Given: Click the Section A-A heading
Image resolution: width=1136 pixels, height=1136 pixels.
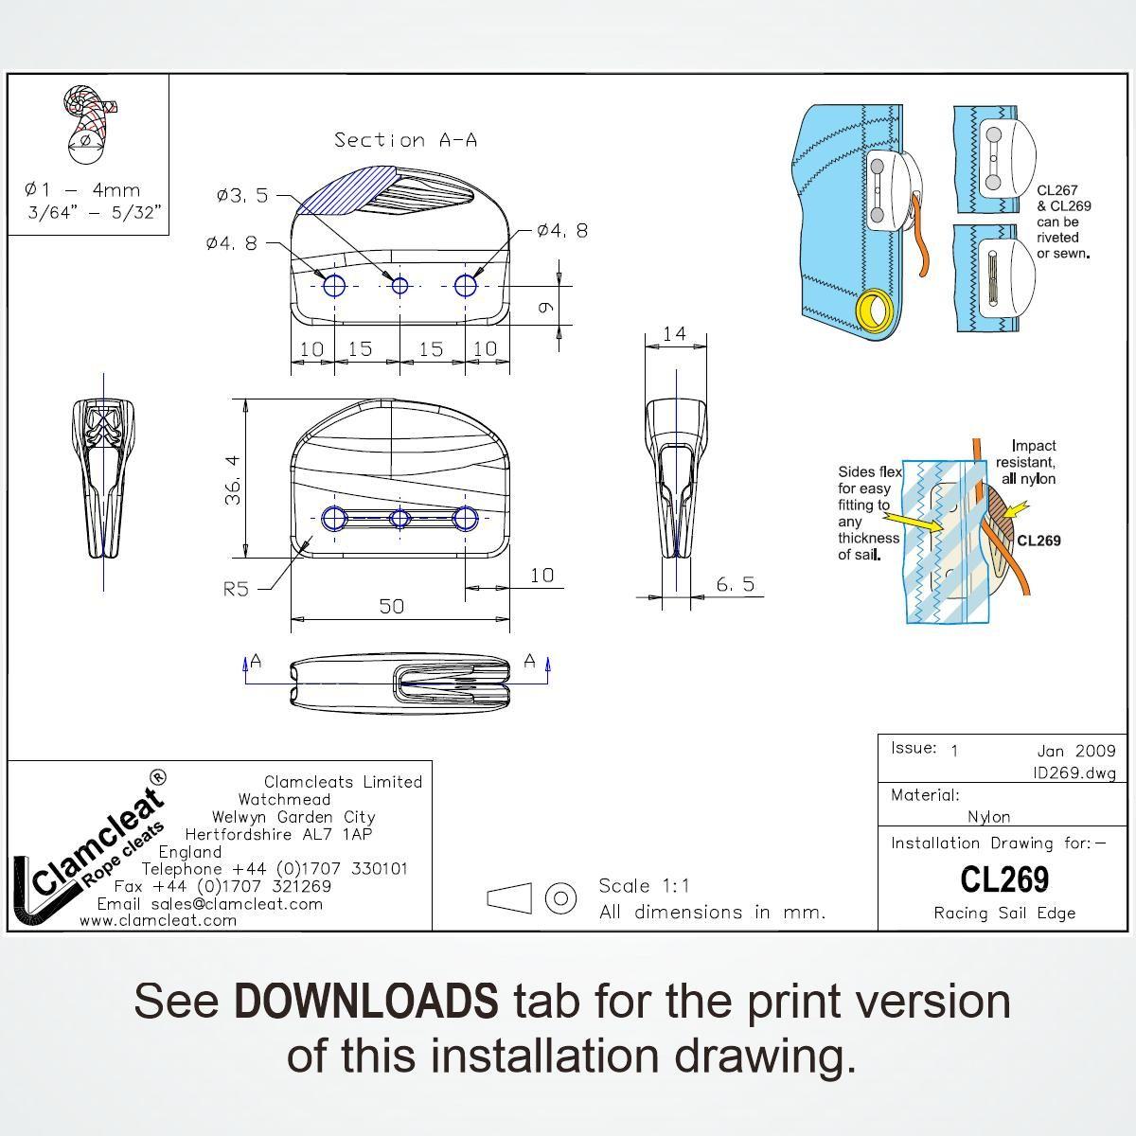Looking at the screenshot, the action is (x=405, y=140).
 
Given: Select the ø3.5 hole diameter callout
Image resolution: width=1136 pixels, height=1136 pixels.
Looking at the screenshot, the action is (x=242, y=195).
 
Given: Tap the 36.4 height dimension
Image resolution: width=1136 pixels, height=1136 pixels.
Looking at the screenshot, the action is (x=233, y=480).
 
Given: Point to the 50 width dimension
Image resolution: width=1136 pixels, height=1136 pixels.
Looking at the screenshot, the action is (x=391, y=606).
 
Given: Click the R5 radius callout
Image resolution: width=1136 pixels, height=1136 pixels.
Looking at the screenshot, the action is (x=236, y=589).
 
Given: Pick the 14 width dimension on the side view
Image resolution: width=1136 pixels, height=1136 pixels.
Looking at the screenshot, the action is (x=674, y=334).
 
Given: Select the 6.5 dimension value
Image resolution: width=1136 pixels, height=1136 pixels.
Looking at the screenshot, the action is (x=736, y=584).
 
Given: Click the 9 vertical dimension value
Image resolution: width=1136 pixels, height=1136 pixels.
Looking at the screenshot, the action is (x=545, y=307).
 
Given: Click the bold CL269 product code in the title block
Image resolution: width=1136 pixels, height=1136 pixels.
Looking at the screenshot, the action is (x=1004, y=879).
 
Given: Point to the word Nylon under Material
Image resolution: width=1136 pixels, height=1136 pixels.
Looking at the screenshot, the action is (x=988, y=816).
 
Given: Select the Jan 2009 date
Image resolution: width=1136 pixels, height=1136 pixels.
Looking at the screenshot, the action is (x=1076, y=751).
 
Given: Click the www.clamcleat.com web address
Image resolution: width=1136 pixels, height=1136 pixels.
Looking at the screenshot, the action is (x=158, y=920).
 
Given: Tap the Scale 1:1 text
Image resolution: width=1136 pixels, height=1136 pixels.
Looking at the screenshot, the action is (x=644, y=885).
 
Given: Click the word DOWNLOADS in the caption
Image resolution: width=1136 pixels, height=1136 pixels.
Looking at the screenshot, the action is (x=366, y=1001).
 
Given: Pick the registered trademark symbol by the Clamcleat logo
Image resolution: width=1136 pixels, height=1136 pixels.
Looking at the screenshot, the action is (x=159, y=777).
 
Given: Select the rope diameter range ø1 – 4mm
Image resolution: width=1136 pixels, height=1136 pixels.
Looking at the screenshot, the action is (x=82, y=190).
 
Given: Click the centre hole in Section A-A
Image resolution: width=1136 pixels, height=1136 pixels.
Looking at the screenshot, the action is (x=399, y=286).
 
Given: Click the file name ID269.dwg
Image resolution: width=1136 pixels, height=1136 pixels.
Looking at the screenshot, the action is (x=1074, y=772).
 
